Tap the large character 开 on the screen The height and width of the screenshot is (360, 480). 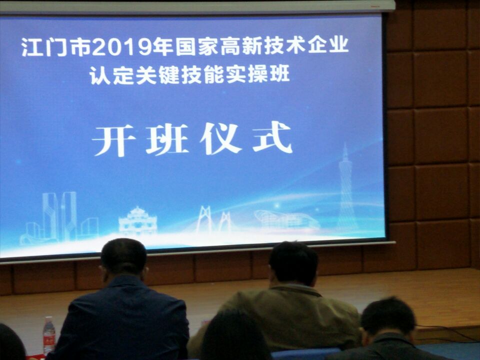coord(114,140)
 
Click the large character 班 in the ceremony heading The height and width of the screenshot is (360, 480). coord(167,140)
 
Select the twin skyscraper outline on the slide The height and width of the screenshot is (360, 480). coord(59,216)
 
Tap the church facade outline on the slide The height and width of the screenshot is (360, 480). coord(138,220)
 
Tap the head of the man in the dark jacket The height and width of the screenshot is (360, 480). coord(124,257)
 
